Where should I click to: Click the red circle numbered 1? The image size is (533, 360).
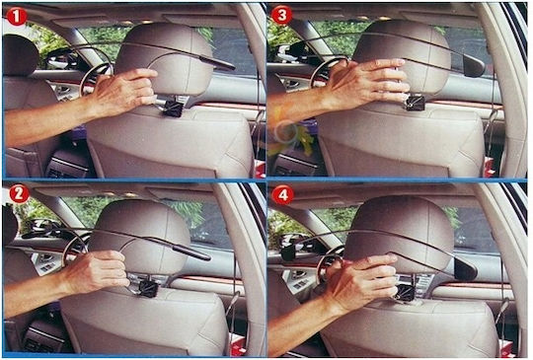(x=17, y=17)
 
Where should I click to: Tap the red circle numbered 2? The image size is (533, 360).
(x=20, y=194)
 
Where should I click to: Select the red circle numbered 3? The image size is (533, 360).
(x=281, y=15)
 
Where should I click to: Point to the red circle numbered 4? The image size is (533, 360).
(x=283, y=195)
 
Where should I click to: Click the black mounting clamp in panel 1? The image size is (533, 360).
(x=173, y=108)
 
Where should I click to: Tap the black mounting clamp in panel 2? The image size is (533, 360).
(x=149, y=288)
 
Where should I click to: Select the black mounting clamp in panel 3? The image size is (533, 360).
(x=416, y=102)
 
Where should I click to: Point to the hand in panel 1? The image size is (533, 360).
(x=124, y=89)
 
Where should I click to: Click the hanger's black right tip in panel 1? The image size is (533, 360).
(x=217, y=63)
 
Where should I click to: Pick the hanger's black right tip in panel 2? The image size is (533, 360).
(x=192, y=252)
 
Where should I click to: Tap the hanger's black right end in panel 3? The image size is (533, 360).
(x=474, y=65)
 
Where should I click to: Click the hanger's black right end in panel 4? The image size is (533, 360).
(x=466, y=268)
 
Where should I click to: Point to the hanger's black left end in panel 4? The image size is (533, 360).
(x=289, y=252)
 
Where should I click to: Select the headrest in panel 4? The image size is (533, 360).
(x=401, y=235)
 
